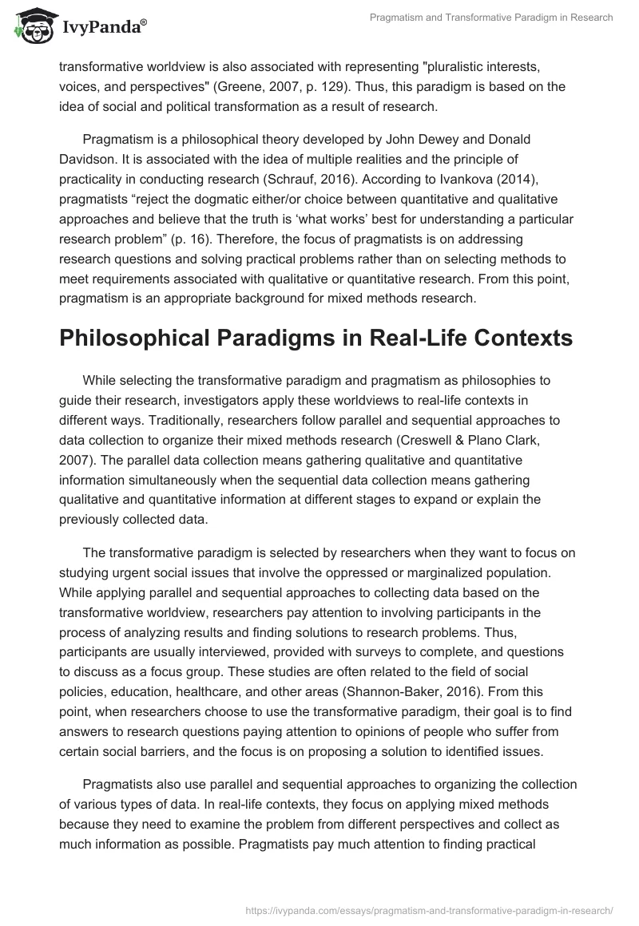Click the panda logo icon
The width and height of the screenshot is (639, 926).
pyautogui.click(x=30, y=26)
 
